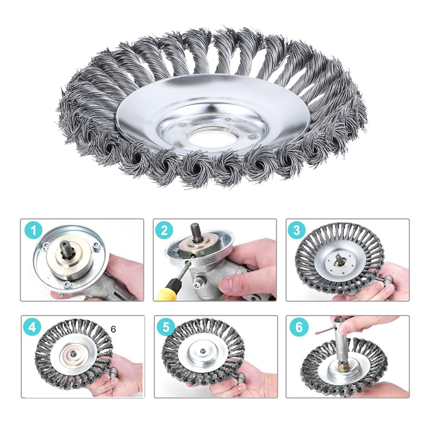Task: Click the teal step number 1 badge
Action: pos(33,231)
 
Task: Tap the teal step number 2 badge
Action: pos(164,231)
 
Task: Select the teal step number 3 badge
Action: pos(297,230)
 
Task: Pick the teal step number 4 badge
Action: pos(32,327)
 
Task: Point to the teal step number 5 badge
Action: pos(166,327)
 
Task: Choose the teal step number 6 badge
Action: pos(299,327)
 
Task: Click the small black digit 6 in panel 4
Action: pos(113,329)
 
